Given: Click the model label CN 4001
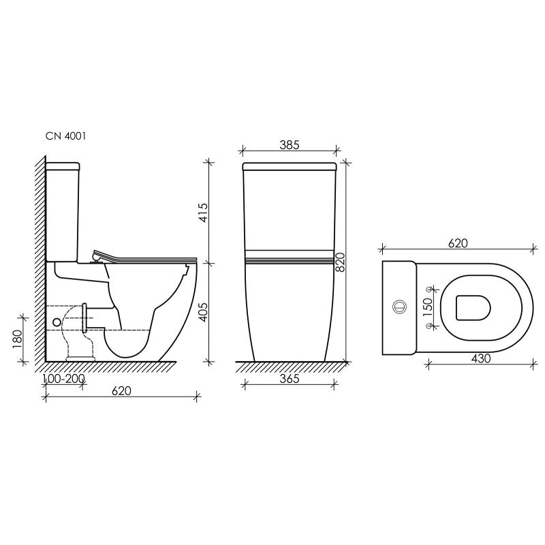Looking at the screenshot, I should point(65,136).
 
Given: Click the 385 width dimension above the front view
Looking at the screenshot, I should point(290,145).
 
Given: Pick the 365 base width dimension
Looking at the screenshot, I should point(290,379).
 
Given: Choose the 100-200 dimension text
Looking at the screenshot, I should point(63,379).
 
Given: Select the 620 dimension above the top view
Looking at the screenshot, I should point(458,243).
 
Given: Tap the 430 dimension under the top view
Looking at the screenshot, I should point(480,359).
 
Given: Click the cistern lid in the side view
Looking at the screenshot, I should point(63,166).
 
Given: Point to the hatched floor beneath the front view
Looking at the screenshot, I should point(290,367).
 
